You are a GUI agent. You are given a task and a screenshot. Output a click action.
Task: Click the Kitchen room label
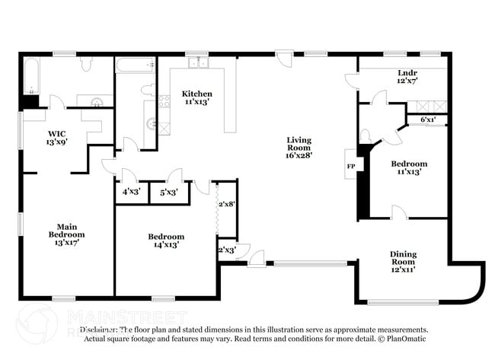(x=196, y=94)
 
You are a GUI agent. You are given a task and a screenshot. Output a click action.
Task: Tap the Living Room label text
(x=299, y=144)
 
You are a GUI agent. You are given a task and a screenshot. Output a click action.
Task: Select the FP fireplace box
(x=351, y=165)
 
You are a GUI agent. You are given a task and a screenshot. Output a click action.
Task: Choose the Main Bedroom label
(x=66, y=230)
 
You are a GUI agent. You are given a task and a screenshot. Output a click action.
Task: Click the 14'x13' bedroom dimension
(x=166, y=246)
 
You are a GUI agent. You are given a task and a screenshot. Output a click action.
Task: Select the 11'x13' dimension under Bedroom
(x=409, y=172)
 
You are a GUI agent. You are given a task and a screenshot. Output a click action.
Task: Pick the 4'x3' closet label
(x=130, y=193)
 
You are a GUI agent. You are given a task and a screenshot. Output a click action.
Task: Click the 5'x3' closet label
(x=168, y=193)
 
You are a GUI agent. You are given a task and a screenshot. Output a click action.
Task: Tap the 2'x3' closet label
(x=227, y=250)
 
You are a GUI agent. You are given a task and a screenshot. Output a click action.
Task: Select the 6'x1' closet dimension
(x=429, y=119)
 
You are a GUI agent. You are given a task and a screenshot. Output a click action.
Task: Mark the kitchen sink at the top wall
(x=197, y=62)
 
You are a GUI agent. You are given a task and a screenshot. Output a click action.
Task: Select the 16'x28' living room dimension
(x=299, y=155)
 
